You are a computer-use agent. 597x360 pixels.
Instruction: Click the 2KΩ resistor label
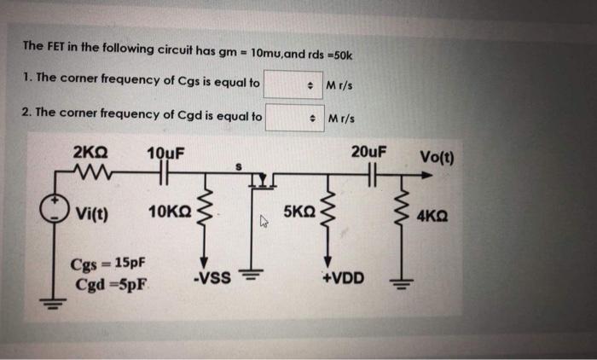click(90, 153)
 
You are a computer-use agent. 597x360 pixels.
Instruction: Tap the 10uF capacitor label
click(165, 154)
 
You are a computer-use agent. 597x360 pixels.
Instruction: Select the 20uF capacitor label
click(368, 152)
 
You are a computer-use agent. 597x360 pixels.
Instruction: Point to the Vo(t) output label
click(437, 157)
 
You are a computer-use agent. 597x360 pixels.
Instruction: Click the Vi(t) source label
click(92, 213)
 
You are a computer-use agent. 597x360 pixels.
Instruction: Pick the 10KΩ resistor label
click(170, 212)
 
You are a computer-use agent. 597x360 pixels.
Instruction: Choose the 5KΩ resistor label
click(299, 212)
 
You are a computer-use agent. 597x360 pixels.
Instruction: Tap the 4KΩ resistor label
click(432, 217)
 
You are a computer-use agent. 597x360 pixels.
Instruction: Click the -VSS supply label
click(212, 278)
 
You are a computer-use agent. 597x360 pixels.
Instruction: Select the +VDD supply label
click(343, 278)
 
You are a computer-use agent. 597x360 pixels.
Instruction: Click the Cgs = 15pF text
click(107, 264)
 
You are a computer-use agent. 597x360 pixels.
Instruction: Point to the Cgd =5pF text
click(111, 285)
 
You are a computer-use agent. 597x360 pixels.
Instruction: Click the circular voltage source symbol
click(55, 210)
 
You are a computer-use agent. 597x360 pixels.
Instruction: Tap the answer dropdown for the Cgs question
click(293, 84)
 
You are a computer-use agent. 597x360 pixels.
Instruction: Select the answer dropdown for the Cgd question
click(295, 118)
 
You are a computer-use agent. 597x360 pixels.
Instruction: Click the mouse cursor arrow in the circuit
click(264, 221)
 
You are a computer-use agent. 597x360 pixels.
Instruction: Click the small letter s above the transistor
click(239, 166)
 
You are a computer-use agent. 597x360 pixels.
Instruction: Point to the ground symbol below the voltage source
click(53, 304)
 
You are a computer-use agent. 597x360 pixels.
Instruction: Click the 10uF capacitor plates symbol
click(164, 172)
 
